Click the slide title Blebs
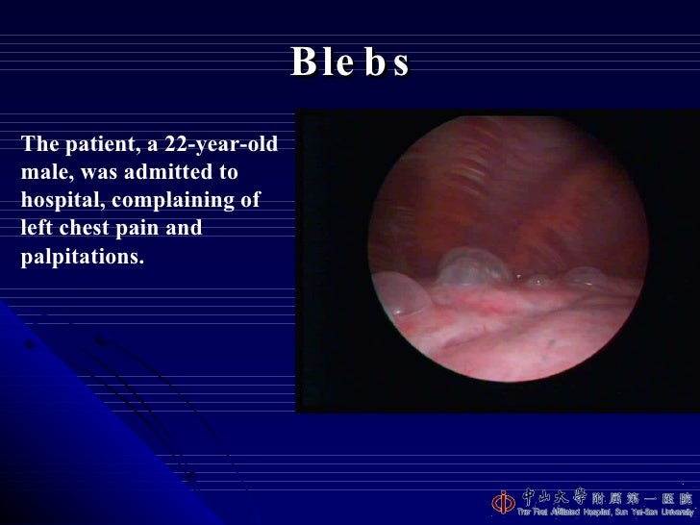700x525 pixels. pos(350,62)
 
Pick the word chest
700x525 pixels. pos(80,230)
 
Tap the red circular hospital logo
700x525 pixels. pos(504,502)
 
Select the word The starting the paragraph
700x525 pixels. pos(40,146)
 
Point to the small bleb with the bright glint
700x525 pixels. pos(538,281)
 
